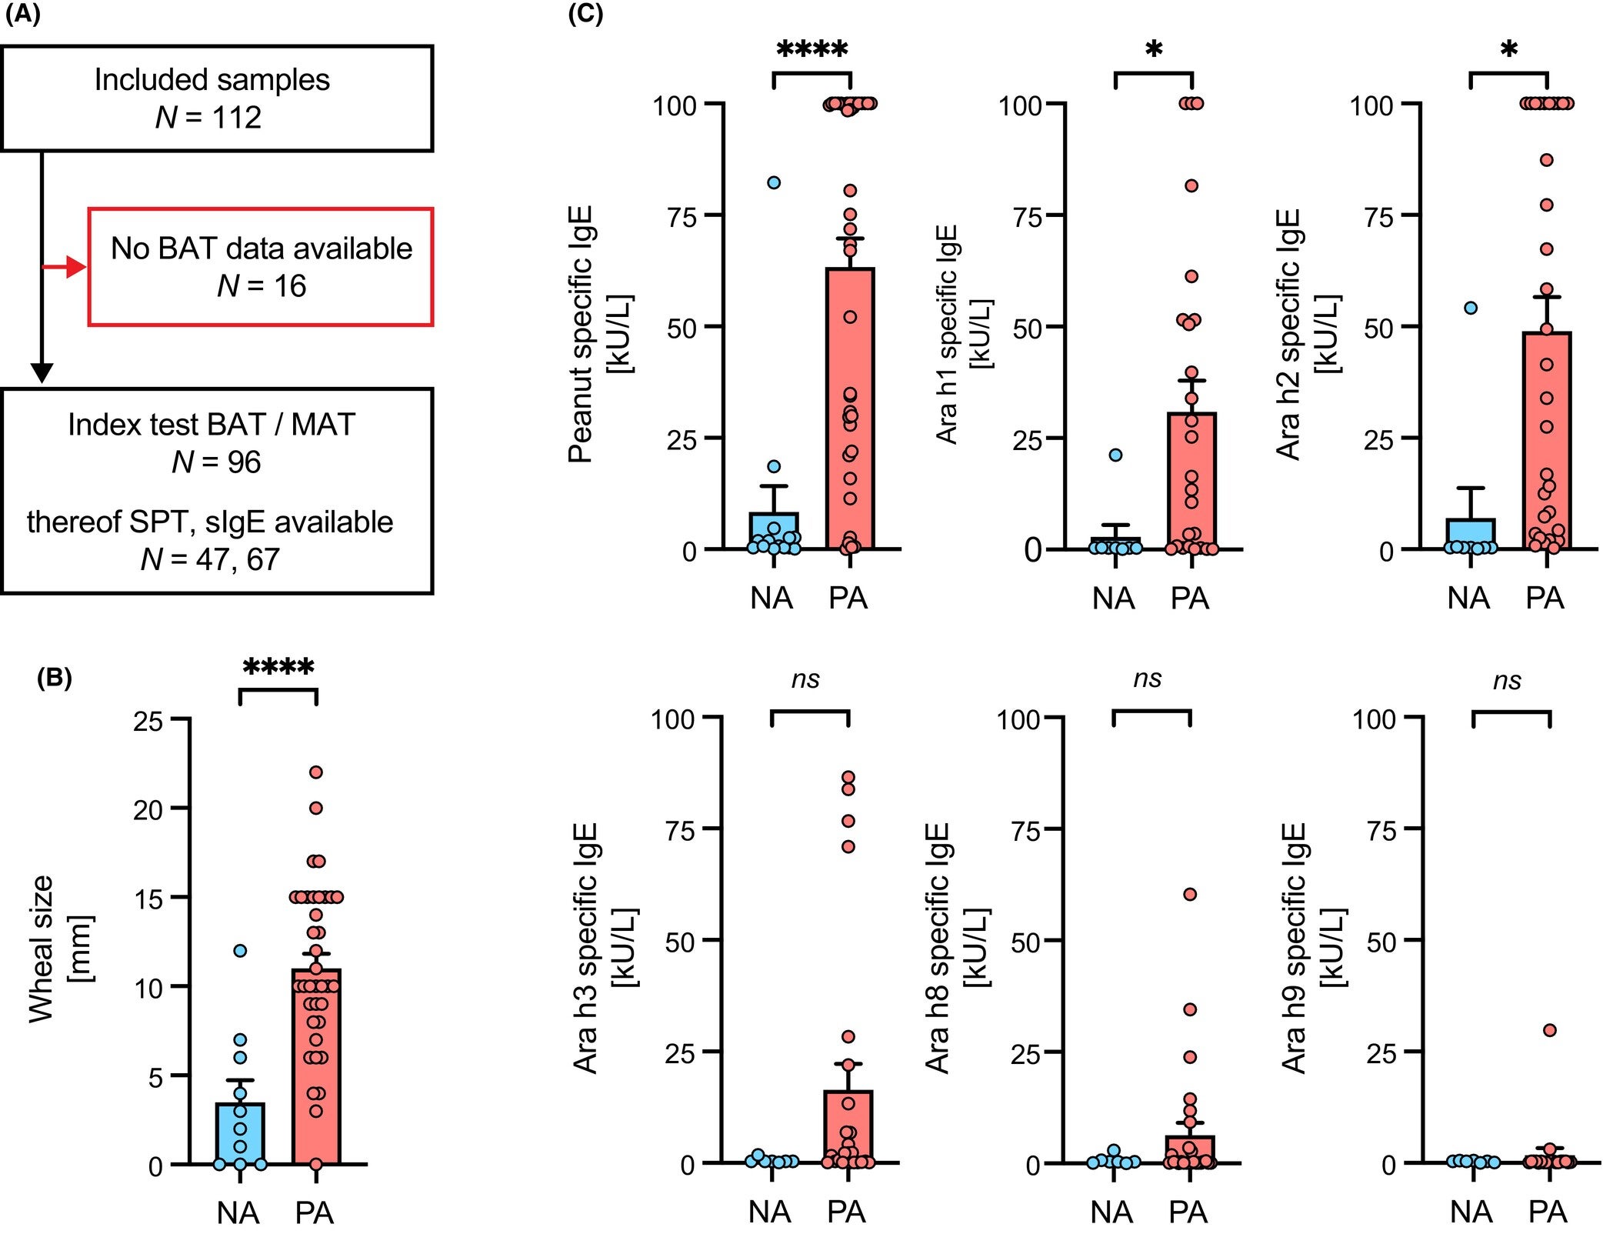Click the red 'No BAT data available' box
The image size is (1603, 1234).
[x=261, y=267]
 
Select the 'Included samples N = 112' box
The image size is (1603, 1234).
[x=216, y=98]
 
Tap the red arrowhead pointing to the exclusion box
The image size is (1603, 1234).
[x=76, y=267]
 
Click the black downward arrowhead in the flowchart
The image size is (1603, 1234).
[x=42, y=372]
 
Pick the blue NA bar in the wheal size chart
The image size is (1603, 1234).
[x=240, y=1134]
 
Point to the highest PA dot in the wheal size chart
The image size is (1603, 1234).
[x=315, y=772]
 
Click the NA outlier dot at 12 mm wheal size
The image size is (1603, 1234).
[x=240, y=951]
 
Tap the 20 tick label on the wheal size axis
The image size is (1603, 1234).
[x=148, y=809]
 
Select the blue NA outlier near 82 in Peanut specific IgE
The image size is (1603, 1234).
[x=774, y=182]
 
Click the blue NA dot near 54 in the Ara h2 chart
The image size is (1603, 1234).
[x=1471, y=308]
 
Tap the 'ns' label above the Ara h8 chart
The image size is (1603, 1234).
[x=1148, y=678]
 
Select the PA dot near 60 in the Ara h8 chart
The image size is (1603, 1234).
[x=1190, y=895]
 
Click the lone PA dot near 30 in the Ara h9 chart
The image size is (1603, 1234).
[x=1550, y=1030]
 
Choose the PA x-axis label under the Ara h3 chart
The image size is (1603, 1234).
[x=846, y=1212]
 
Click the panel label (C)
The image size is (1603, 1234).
[x=585, y=15]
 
